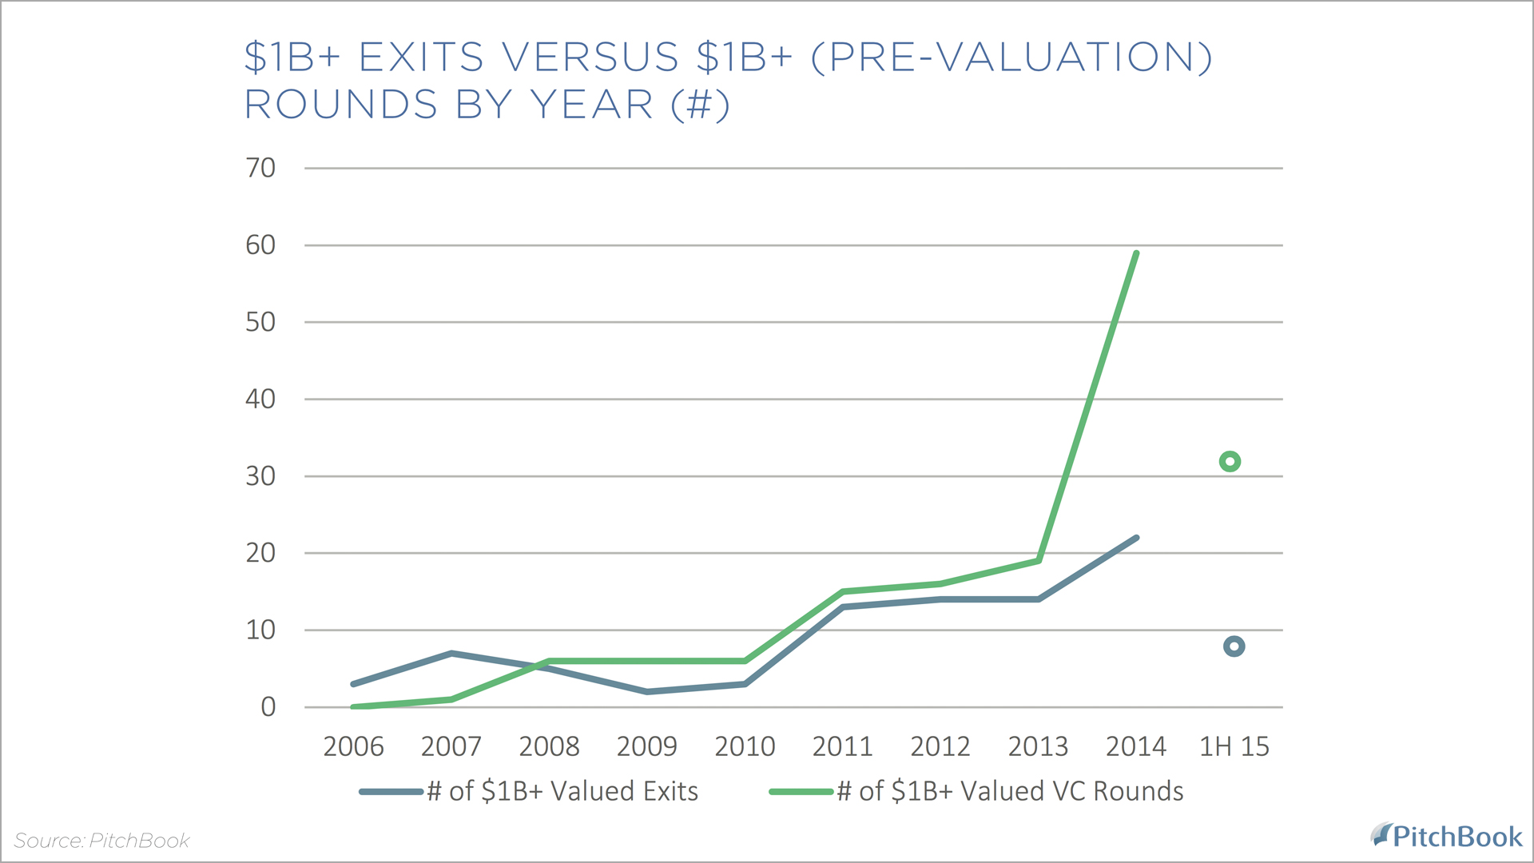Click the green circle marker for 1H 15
(x=1230, y=461)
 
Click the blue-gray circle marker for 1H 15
(x=1234, y=646)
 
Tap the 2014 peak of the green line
(x=1136, y=254)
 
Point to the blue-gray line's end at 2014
(x=1136, y=538)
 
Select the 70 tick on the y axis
(x=260, y=168)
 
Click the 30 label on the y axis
(x=260, y=476)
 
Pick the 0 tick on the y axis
(x=268, y=707)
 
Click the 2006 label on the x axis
(x=353, y=746)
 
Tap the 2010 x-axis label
(x=745, y=746)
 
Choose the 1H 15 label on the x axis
(x=1234, y=746)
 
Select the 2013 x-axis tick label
(x=1038, y=746)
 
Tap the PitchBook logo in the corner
(x=1447, y=837)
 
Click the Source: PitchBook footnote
(x=101, y=841)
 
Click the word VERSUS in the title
(x=590, y=58)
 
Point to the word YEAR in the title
(x=592, y=105)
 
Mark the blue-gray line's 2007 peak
(x=451, y=654)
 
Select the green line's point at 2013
(x=1038, y=560)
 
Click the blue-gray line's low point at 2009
(x=647, y=691)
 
